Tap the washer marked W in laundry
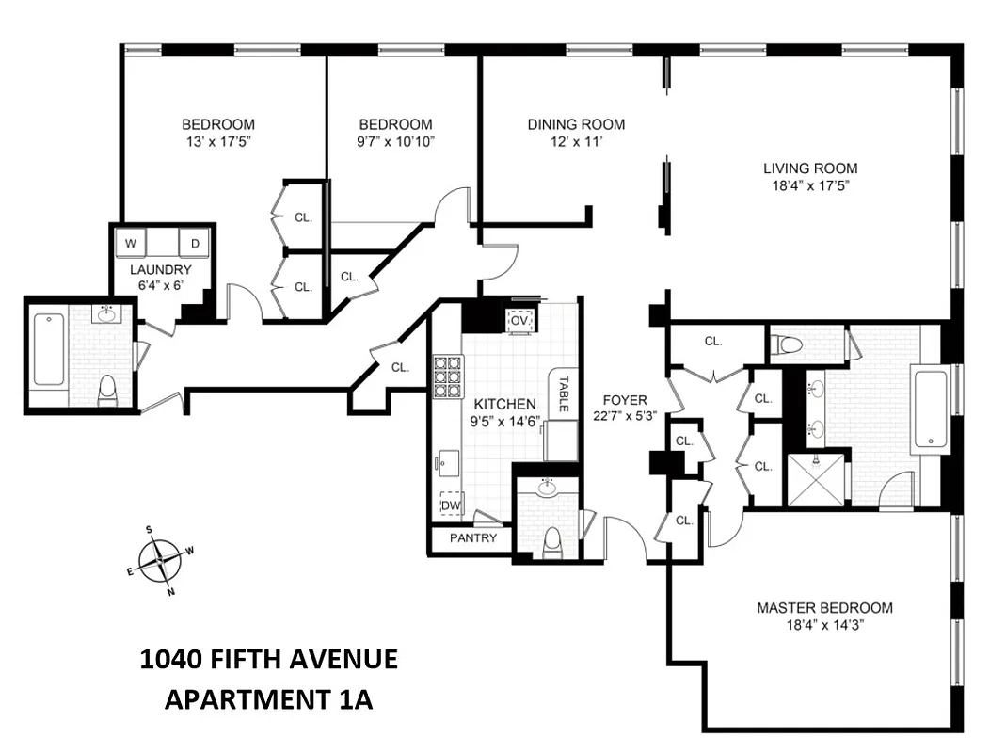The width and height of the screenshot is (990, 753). (x=132, y=244)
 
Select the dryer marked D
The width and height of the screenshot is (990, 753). (x=195, y=244)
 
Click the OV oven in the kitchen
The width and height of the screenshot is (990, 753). (x=519, y=320)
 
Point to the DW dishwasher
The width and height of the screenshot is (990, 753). (x=452, y=505)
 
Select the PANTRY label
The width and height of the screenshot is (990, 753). (x=471, y=539)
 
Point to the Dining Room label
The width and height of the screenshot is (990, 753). (x=576, y=124)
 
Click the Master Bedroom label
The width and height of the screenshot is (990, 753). (x=824, y=607)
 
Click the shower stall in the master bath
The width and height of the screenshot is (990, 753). (x=816, y=480)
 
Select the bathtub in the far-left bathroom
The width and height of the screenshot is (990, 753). (x=49, y=350)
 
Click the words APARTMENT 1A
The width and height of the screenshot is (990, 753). (x=269, y=699)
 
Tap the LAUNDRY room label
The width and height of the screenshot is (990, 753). (x=161, y=269)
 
